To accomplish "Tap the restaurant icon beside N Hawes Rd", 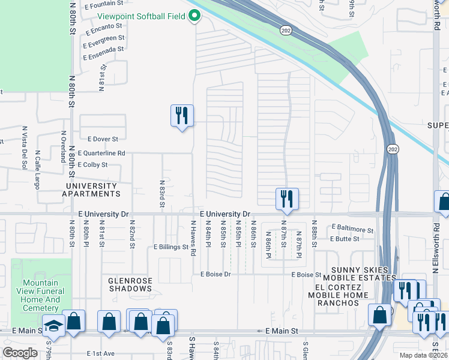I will (182, 115).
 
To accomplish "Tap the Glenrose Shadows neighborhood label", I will (130, 284).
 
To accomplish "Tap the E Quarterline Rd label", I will (101, 154).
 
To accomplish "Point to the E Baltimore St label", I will (352, 229).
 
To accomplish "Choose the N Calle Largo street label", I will (37, 169).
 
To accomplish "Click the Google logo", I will (20, 353).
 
